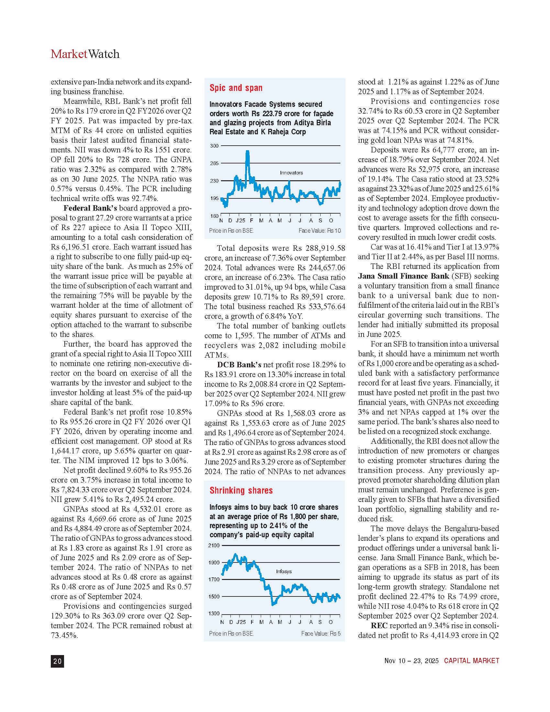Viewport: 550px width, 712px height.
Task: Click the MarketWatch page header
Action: pyautogui.click(x=85, y=54)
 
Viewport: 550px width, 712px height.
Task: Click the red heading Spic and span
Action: pyautogui.click(x=236, y=88)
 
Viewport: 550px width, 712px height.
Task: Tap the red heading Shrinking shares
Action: pyautogui.click(x=241, y=491)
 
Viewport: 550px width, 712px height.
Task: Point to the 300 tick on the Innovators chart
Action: pyautogui.click(x=214, y=146)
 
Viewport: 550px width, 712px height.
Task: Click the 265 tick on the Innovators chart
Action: pyautogui.click(x=214, y=163)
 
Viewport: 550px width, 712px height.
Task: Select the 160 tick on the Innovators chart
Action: pyautogui.click(x=214, y=216)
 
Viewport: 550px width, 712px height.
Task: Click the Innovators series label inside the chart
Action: pyautogui.click(x=291, y=173)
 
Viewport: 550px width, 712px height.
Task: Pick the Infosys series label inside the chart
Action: pyautogui.click(x=284, y=572)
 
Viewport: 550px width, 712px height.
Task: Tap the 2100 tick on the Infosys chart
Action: pyautogui.click(x=214, y=545)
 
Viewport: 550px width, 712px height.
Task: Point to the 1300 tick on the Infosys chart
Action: pyautogui.click(x=214, y=614)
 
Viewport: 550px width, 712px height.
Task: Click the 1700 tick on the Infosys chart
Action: pyautogui.click(x=214, y=579)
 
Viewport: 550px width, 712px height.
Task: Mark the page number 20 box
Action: pyautogui.click(x=57, y=661)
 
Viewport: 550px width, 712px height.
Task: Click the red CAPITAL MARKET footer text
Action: pyautogui.click(x=471, y=661)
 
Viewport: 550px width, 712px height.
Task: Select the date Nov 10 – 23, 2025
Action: pyautogui.click(x=412, y=661)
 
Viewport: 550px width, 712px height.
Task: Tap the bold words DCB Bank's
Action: pyautogui.click(x=239, y=365)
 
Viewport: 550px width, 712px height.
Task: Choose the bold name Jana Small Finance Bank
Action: pyautogui.click(x=403, y=276)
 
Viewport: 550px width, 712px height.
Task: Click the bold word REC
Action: pyautogui.click(x=379, y=626)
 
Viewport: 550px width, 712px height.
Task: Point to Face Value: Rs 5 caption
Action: pyautogui.click(x=321, y=633)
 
